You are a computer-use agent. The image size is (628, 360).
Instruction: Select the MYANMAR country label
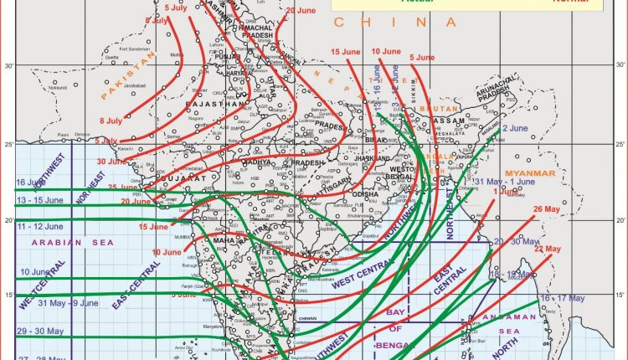529,172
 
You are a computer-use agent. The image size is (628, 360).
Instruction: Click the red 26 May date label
545,208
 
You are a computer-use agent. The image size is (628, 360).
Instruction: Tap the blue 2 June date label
514,128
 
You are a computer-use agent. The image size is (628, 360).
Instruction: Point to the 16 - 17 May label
563,298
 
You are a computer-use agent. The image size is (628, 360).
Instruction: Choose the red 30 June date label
111,161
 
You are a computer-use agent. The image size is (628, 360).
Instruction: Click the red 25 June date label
123,187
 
